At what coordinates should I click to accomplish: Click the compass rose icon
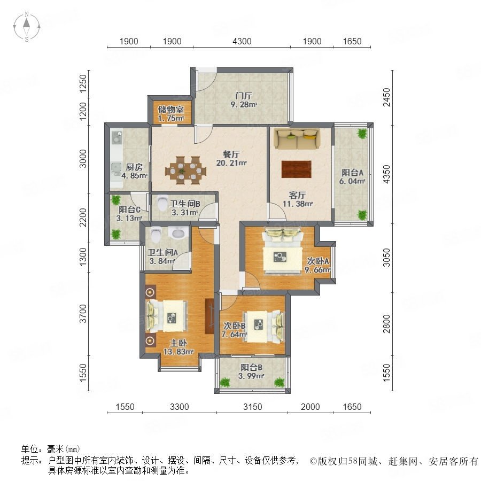pos(27,27)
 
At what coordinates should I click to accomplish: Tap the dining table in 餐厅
pos(185,170)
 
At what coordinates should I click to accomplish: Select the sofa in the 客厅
pos(297,138)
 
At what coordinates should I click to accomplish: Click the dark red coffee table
pos(296,169)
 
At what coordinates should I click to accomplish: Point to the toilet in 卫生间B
pos(161,202)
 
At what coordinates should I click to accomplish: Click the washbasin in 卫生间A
pos(178,234)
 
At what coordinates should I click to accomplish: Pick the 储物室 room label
pos(170,110)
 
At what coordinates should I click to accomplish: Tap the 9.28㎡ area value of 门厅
pos(244,105)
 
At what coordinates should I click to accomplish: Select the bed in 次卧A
pos(282,252)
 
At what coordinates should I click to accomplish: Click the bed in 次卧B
pos(263,327)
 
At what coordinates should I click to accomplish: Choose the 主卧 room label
pos(178,343)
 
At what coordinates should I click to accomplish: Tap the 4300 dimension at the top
pos(242,41)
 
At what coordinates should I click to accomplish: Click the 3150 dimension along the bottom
pos(252,407)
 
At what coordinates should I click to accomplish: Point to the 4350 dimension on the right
pos(387,174)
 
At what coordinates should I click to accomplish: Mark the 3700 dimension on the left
pos(83,314)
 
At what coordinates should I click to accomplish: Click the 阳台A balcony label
pos(353,173)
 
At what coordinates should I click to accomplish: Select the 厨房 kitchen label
pos(134,167)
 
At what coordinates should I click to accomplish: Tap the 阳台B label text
pos(251,367)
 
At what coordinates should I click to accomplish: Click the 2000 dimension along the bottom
pos(310,407)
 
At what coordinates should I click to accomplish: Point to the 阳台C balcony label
pos(129,210)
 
